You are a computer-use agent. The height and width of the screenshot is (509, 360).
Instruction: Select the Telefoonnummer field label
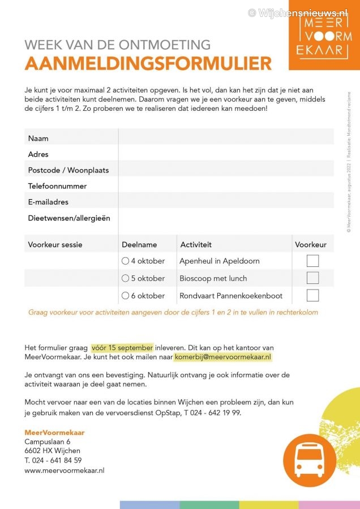[x=57, y=186]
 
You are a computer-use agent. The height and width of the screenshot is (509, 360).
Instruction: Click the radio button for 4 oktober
[x=125, y=261]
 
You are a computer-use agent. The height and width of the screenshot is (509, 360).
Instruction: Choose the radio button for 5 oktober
[x=125, y=278]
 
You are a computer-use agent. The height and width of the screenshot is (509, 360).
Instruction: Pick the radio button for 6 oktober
[x=125, y=295]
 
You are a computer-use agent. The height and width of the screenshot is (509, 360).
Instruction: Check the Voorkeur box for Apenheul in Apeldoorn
[x=312, y=261]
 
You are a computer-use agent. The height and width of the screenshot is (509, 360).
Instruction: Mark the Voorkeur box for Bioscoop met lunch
[x=312, y=278]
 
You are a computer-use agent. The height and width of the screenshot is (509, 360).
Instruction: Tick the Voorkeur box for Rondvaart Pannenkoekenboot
[x=312, y=295]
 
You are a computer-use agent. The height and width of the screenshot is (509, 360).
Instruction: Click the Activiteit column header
[x=196, y=245]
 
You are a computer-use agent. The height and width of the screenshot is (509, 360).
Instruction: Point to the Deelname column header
[x=139, y=245]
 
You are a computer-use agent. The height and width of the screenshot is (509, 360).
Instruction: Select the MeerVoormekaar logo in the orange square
[x=324, y=36]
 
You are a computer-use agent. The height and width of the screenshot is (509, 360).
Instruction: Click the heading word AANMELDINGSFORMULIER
[x=148, y=63]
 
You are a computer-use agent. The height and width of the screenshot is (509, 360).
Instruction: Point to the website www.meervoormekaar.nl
[x=64, y=470]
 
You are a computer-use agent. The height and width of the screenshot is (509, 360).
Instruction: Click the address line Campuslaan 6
[x=48, y=442]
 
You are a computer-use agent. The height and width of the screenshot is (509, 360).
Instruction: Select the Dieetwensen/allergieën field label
[x=69, y=218]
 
